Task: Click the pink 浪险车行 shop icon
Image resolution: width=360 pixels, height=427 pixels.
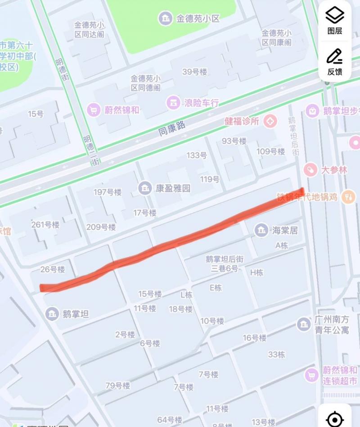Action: point(172,102)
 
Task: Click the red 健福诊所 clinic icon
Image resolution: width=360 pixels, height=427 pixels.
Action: point(270,121)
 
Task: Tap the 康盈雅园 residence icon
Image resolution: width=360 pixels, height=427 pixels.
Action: point(145,188)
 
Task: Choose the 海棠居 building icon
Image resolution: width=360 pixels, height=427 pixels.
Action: point(261,230)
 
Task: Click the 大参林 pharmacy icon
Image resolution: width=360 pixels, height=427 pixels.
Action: point(310,170)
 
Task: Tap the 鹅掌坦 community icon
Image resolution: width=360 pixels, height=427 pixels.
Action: point(52,313)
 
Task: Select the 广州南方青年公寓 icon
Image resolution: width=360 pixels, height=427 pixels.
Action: point(304,323)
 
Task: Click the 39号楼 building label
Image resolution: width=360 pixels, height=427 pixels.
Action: point(194,72)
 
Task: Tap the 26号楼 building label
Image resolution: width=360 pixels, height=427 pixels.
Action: point(53,269)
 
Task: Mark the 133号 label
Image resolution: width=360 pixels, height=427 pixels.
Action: point(197,155)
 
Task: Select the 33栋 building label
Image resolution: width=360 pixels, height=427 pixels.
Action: point(276,354)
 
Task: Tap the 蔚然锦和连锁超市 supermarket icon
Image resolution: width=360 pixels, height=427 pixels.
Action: point(311,375)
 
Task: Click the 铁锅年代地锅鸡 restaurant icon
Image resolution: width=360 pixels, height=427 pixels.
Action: point(349,196)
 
